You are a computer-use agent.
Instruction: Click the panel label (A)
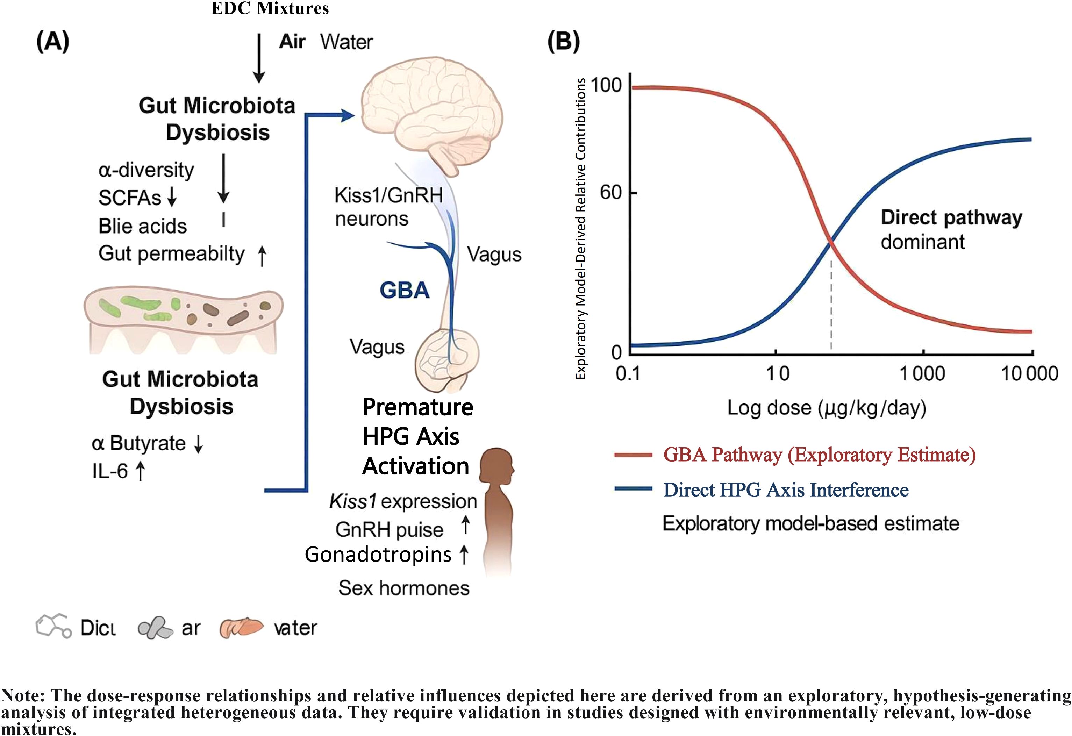[x=52, y=42]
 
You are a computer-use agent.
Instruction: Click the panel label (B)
[x=563, y=42]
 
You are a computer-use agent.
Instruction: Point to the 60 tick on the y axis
[x=611, y=192]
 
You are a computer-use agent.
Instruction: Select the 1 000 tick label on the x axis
[x=923, y=373]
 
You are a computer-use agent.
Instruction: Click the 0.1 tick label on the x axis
[x=628, y=373]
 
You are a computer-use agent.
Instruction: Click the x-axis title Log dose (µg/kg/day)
[x=827, y=408]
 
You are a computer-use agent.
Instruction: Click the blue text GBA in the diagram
[x=405, y=290]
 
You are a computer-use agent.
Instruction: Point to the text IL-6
[x=110, y=471]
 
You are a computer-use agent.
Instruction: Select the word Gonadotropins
[x=378, y=555]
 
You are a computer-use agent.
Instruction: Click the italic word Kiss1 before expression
[x=352, y=501]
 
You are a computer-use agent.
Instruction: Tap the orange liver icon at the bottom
[x=241, y=627]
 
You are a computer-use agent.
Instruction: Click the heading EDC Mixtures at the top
[x=270, y=8]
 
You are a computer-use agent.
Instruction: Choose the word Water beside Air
[x=346, y=42]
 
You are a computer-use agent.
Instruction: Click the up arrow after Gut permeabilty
[x=262, y=256]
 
